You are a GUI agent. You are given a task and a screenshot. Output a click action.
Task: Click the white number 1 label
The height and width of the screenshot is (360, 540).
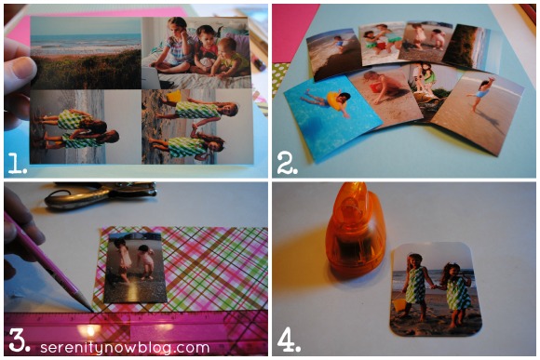tap(17, 163)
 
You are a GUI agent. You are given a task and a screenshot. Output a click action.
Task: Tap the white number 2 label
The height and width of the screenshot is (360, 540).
tap(287, 163)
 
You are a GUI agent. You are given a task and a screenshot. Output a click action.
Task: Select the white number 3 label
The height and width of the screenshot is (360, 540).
tap(20, 340)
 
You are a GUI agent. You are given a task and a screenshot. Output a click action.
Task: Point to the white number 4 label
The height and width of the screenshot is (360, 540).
tap(289, 340)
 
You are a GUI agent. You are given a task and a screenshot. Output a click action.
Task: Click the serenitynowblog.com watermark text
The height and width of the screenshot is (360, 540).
tap(125, 348)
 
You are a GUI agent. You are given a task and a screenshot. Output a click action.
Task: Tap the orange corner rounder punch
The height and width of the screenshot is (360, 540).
tap(355, 230)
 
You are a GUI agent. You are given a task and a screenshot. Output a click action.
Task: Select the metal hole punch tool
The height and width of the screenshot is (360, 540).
tap(101, 195)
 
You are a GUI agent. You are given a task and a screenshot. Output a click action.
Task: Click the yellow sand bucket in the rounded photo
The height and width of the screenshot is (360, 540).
tap(399, 304)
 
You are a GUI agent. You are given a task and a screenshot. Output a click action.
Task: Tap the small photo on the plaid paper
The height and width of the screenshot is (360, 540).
tap(136, 268)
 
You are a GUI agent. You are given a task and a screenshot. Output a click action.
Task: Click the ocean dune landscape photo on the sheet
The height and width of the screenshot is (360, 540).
tap(86, 53)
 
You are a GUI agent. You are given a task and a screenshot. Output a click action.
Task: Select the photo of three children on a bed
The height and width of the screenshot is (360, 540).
tap(196, 53)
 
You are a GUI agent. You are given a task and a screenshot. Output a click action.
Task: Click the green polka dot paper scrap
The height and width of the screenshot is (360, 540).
tap(278, 78)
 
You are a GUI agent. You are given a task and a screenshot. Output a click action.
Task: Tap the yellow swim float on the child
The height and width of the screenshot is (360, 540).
tap(337, 100)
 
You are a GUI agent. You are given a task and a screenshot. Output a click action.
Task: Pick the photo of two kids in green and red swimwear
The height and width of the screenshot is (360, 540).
tap(382, 43)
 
